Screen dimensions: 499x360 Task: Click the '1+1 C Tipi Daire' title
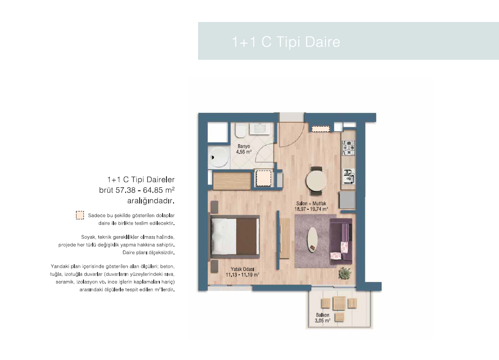[x=286, y=42]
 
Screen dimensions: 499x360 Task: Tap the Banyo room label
[x=244, y=146]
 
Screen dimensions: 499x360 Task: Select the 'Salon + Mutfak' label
[x=311, y=203]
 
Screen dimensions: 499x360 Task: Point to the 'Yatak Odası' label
[x=242, y=269]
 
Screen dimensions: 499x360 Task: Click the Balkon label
[x=322, y=315]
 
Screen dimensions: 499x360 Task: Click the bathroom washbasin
[x=260, y=129]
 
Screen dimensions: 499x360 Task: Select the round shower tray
[x=218, y=157]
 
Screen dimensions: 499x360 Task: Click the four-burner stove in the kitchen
[x=348, y=148]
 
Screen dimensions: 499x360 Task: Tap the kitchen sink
[x=348, y=177]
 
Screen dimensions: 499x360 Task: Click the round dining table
[x=316, y=181]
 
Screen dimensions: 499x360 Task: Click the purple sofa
[x=341, y=241]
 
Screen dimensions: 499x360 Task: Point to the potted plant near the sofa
[x=345, y=273]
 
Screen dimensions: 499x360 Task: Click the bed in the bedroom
[x=235, y=236]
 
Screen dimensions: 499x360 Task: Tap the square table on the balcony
[x=339, y=303]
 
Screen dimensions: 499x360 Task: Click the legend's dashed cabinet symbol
[x=80, y=215]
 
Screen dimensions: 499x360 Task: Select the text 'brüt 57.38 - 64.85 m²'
[x=137, y=190]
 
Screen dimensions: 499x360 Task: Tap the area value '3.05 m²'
[x=322, y=321]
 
